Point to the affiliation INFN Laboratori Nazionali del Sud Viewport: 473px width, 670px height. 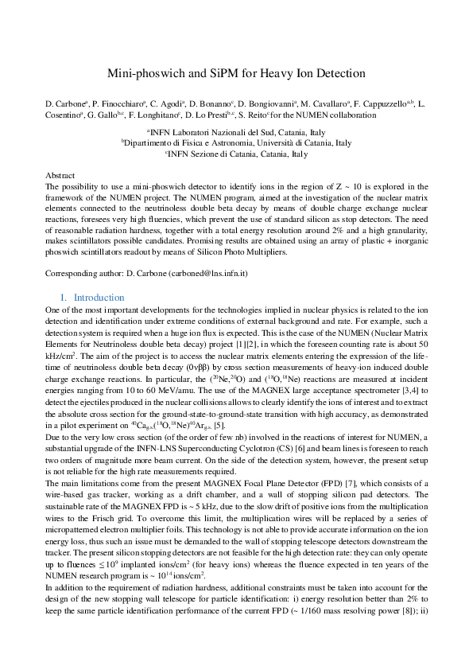click(x=238, y=132)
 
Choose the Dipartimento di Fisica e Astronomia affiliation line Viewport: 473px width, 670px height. click(x=236, y=143)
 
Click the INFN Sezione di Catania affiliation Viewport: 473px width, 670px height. click(x=236, y=154)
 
